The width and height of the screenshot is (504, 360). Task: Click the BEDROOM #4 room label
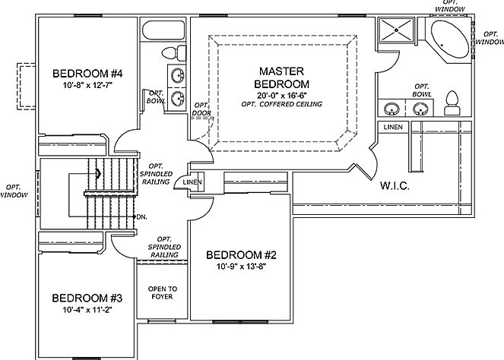[x=88, y=74]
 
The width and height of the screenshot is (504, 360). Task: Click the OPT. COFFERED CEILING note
[x=282, y=104]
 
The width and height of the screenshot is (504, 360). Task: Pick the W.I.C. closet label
[x=395, y=186]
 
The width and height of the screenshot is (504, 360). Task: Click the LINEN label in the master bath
[x=393, y=126]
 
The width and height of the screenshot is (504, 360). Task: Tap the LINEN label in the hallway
[x=192, y=183]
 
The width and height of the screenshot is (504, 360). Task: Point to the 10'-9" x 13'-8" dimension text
[x=240, y=267]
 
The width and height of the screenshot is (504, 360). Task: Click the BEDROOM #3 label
[x=82, y=298]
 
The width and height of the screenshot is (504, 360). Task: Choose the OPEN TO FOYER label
[x=163, y=292]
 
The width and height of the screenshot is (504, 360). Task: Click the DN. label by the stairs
[x=141, y=216]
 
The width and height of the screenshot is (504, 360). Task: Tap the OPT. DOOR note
[x=201, y=109]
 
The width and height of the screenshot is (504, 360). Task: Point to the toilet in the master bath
[x=453, y=101]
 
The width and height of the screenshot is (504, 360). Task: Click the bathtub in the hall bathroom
[x=162, y=33]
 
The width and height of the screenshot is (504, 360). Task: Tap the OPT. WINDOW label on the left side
[x=16, y=191]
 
